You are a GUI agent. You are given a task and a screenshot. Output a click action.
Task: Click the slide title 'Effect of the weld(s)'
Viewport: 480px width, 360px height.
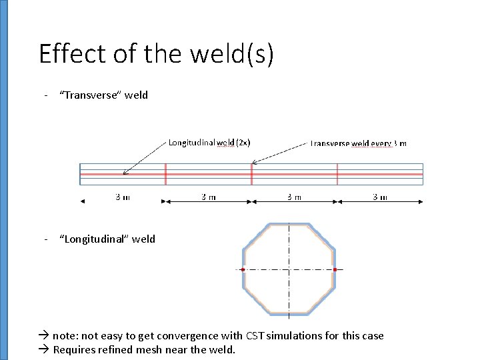(x=156, y=54)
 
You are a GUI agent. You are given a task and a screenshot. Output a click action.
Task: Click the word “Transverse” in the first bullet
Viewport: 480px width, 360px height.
(x=90, y=95)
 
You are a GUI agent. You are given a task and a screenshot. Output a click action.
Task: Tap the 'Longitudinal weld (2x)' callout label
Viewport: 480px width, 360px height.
(x=209, y=142)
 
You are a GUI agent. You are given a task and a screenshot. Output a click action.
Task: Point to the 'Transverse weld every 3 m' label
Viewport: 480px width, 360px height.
(x=359, y=143)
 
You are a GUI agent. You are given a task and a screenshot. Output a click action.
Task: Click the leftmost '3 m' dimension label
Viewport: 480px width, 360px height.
(x=123, y=197)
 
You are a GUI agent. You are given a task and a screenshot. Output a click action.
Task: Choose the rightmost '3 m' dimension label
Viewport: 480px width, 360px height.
(x=379, y=197)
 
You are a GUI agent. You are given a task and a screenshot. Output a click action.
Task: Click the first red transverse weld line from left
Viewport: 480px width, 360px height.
(x=165, y=174)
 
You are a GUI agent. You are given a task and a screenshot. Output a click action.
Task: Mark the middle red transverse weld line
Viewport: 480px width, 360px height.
(x=251, y=174)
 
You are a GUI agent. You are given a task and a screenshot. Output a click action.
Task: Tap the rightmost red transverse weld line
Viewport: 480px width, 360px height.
(x=337, y=174)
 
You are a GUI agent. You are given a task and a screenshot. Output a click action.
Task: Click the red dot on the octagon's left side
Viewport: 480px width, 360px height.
(x=243, y=269)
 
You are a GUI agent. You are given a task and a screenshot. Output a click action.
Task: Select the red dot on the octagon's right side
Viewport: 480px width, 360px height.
(x=335, y=269)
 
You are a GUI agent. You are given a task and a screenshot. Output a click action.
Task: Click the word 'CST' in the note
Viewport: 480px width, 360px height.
(x=256, y=336)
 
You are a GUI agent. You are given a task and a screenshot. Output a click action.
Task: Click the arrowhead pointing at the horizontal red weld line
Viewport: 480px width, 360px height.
(x=125, y=172)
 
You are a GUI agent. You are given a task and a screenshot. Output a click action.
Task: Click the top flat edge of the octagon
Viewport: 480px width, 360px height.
(x=289, y=225)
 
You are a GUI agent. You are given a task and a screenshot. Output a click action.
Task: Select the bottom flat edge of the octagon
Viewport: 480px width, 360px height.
(x=289, y=313)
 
